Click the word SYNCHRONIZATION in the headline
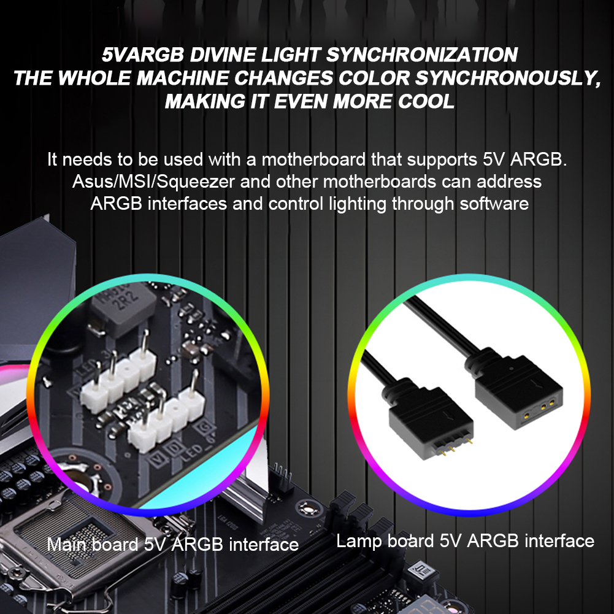click(422, 55)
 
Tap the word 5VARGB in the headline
click(142, 55)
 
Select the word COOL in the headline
click(426, 101)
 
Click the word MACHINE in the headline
click(183, 78)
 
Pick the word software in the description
click(494, 204)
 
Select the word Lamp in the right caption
click(359, 541)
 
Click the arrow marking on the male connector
click(445, 415)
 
